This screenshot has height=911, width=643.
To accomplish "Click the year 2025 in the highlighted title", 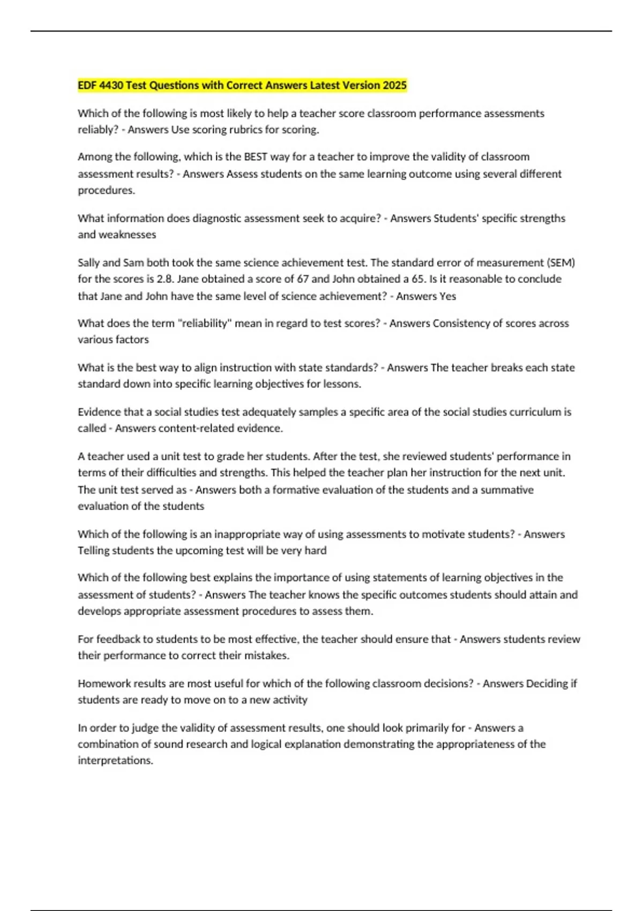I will coord(394,85).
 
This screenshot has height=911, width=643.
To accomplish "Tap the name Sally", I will coord(88,263).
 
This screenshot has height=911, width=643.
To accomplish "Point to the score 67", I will coord(303,279).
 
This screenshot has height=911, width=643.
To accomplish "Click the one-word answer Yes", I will coord(447,296).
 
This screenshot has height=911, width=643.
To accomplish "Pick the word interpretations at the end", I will coord(115,761).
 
